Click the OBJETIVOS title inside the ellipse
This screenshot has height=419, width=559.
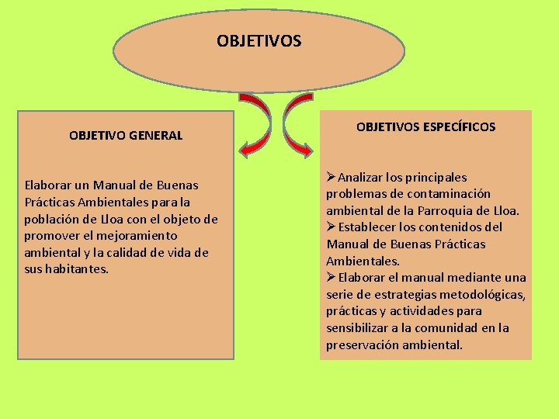(x=259, y=40)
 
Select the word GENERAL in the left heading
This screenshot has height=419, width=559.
(x=158, y=135)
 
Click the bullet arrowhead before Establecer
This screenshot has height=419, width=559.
(x=331, y=227)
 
